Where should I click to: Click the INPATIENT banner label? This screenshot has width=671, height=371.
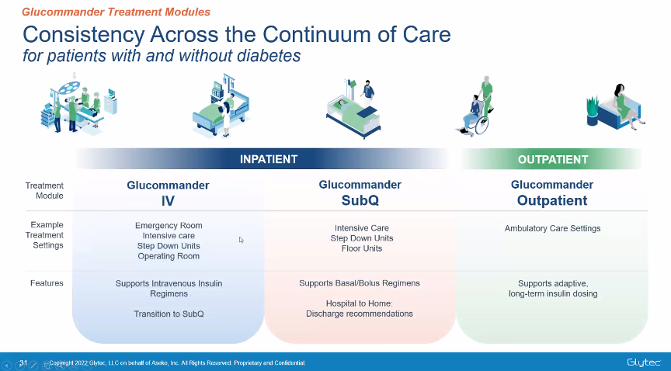[268, 159]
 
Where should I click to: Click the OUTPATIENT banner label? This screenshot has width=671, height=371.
[552, 160]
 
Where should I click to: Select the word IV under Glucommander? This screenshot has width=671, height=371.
[168, 201]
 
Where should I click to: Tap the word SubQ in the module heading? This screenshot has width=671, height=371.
[360, 200]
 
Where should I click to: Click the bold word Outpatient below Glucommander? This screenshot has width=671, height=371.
[552, 200]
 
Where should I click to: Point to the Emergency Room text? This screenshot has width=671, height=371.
[169, 226]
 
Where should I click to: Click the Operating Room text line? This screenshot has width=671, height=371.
[169, 256]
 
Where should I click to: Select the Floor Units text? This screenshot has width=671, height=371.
[362, 248]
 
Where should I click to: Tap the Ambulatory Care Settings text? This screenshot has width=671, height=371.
[552, 228]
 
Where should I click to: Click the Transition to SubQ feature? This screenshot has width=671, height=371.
[169, 314]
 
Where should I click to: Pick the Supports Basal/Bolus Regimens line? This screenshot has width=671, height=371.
[360, 283]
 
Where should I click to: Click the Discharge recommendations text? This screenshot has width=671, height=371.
[360, 314]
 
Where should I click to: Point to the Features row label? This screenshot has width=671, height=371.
[47, 283]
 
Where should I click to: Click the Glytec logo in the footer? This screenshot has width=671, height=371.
[644, 362]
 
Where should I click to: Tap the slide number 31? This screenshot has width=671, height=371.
[23, 363]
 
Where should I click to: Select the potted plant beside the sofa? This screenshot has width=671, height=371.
[593, 111]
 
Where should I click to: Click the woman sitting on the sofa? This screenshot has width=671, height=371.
[627, 105]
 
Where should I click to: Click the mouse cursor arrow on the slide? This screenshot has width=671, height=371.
[241, 240]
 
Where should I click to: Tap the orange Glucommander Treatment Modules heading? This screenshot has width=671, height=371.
[116, 12]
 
